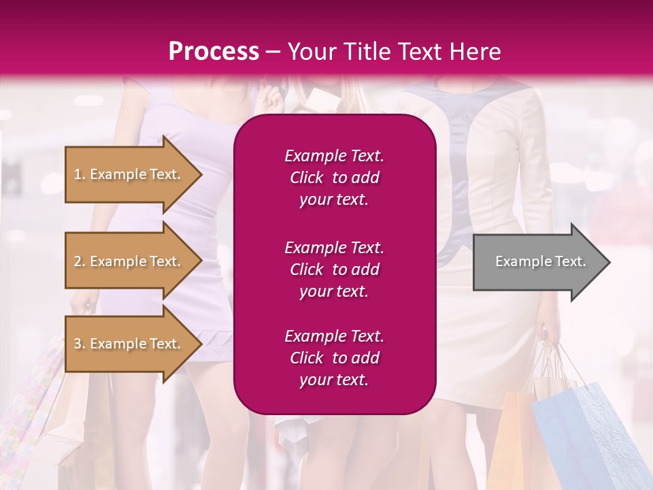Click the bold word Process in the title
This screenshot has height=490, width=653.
coord(214,52)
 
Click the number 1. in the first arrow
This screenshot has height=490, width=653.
coord(80,174)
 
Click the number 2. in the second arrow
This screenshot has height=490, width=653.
coord(80,261)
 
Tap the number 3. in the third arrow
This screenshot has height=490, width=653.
coord(80,344)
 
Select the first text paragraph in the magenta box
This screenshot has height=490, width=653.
coord(334,178)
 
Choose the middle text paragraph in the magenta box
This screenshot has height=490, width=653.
coord(334,269)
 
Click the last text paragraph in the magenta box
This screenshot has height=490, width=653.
coord(334,358)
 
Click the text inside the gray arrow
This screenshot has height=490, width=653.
coord(540,261)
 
